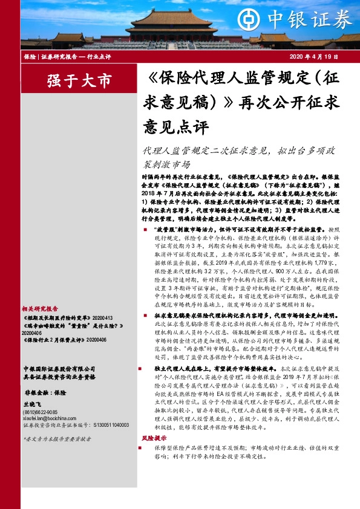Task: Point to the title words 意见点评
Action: click(x=175, y=128)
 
